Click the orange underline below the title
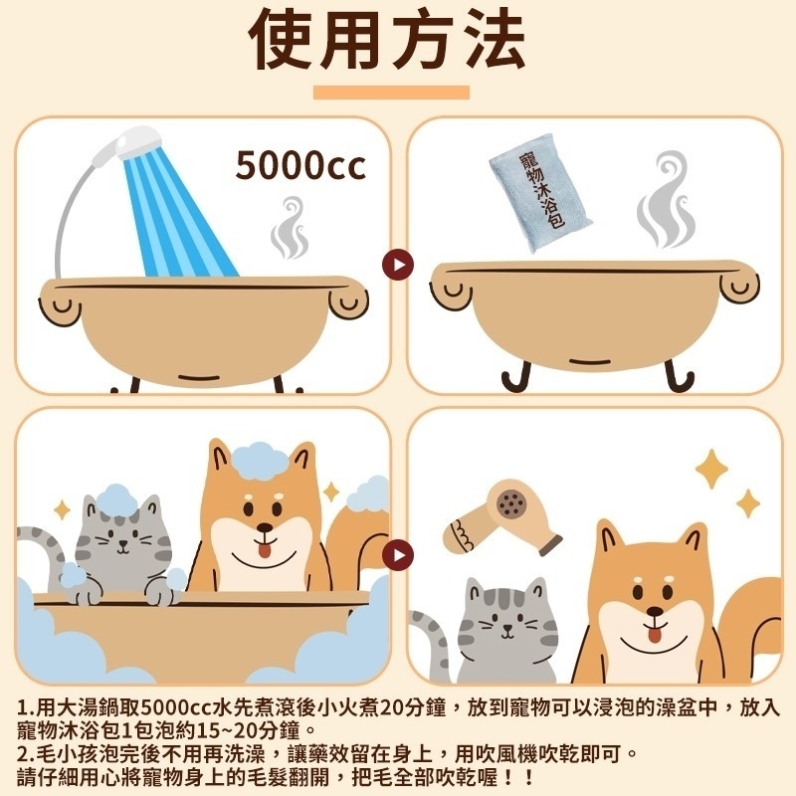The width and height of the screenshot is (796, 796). pyautogui.click(x=390, y=93)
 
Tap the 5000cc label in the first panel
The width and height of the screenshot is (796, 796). pyautogui.click(x=300, y=165)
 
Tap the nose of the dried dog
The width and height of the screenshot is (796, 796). pyautogui.click(x=652, y=610)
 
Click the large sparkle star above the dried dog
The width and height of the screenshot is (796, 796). pyautogui.click(x=711, y=468)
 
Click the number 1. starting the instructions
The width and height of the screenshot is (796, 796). pyautogui.click(x=26, y=708)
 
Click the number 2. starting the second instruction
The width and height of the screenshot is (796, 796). pyautogui.click(x=26, y=753)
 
